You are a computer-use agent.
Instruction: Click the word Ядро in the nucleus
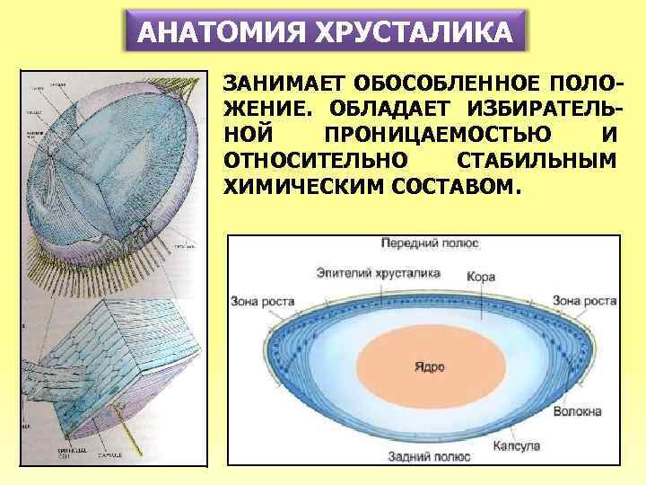click(x=430, y=367)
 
